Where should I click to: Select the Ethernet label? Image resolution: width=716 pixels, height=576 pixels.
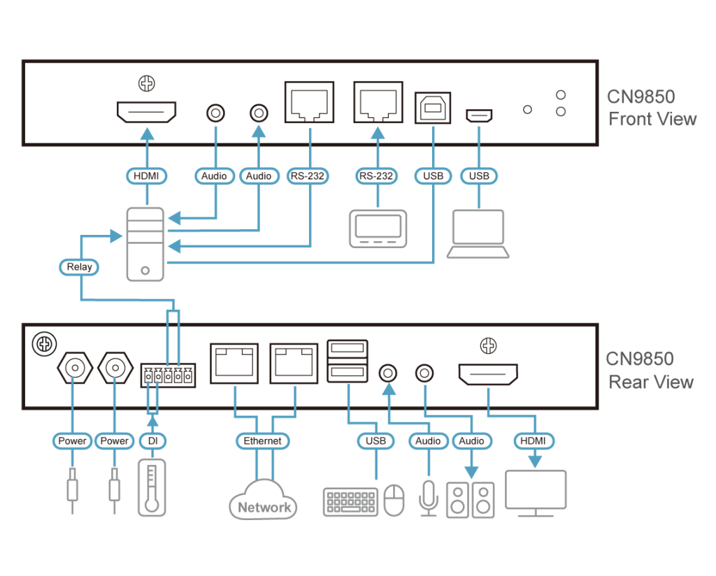tap(262, 441)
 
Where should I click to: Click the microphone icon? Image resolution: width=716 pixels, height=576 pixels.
tap(427, 499)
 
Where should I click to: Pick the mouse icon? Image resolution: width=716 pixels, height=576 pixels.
tap(394, 501)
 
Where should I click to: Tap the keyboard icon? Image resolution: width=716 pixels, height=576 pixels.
tap(350, 502)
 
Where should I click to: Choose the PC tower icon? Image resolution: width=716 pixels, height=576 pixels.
tap(145, 244)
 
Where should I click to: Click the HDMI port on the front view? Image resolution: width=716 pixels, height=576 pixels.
tap(146, 112)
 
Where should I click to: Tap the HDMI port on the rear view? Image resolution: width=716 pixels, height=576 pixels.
tap(488, 375)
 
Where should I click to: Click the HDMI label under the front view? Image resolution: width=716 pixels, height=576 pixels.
tap(146, 176)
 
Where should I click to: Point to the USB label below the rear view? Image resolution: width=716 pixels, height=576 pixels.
tap(375, 441)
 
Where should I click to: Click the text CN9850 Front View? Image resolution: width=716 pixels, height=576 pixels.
tap(652, 107)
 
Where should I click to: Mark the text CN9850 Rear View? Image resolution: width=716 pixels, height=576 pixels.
tap(650, 370)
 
